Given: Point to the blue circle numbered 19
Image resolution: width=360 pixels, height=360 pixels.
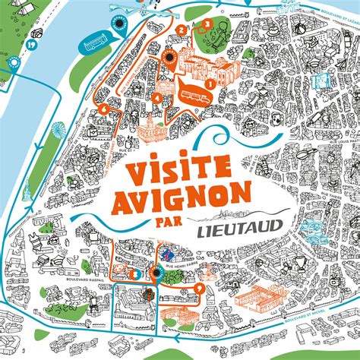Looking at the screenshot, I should (10, 45).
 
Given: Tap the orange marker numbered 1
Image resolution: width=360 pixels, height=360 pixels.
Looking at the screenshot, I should (207, 84).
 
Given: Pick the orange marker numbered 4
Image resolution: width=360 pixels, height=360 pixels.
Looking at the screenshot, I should (156, 98).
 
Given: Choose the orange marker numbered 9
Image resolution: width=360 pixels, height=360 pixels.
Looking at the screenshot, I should (199, 288).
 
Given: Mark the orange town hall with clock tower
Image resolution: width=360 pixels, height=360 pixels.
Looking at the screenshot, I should (152, 129).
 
